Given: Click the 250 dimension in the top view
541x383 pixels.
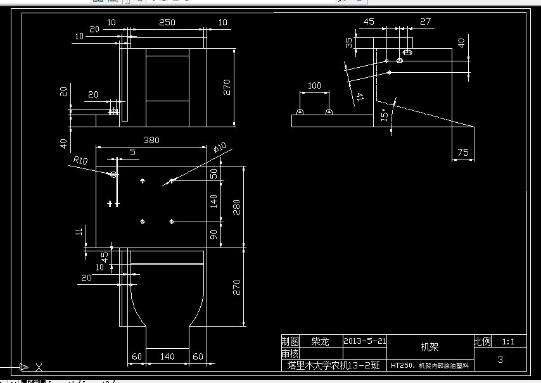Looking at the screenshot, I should pos(167,22).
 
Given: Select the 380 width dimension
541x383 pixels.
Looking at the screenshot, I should pos(151,140).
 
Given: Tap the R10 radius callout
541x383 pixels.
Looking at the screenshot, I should pos(80,161).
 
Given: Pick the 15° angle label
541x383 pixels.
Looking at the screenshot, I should pos(384,116).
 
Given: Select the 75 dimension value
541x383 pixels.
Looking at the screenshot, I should pos(462,152).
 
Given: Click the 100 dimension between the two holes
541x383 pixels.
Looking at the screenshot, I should pos(314,86).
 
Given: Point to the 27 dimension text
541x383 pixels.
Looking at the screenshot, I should pos(425,22).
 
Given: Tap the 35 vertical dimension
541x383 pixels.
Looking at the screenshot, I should pos(349,42).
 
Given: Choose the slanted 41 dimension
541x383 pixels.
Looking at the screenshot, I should pos(360,96).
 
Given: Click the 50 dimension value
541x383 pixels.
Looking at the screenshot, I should pos(214,173).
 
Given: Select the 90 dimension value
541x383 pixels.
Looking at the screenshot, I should pos(214,234).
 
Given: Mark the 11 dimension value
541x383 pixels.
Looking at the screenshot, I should pos(79,231).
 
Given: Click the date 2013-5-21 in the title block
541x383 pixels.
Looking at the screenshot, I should pos(364,341).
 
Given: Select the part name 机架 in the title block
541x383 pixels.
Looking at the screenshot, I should pos(429,347).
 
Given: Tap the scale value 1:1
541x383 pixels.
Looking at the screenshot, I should pos(508,341).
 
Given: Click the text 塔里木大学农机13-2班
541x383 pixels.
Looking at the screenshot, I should pos(333,365).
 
